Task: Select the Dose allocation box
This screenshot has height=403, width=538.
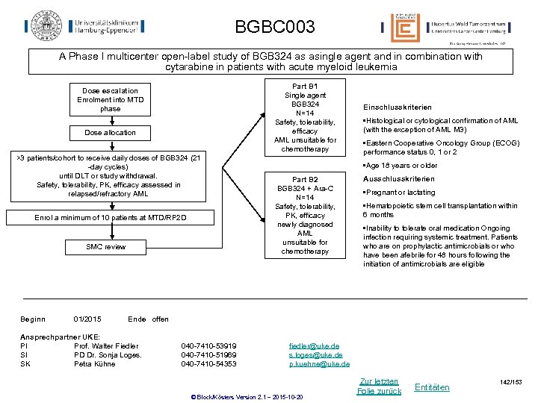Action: pyautogui.click(x=110, y=133)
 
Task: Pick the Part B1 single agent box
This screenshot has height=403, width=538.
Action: pyautogui.click(x=305, y=118)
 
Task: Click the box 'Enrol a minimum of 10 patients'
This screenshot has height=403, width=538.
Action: pyautogui.click(x=111, y=218)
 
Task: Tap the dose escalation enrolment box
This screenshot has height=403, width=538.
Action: pyautogui.click(x=110, y=100)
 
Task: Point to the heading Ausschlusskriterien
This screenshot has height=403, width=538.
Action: pyautogui.click(x=398, y=179)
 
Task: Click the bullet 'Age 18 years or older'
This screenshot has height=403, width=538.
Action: pyautogui.click(x=401, y=166)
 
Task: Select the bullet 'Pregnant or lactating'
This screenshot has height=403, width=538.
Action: pyautogui.click(x=400, y=193)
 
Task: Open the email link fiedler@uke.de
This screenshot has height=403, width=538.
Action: pyautogui.click(x=314, y=346)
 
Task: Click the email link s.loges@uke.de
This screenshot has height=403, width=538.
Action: pyautogui.click(x=316, y=354)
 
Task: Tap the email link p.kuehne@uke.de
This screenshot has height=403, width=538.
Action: pyautogui.click(x=319, y=363)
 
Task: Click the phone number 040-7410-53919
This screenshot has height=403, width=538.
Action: pyautogui.click(x=208, y=346)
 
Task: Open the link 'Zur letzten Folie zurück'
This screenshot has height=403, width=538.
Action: pyautogui.click(x=379, y=386)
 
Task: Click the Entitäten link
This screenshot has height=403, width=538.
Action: pyautogui.click(x=432, y=387)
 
